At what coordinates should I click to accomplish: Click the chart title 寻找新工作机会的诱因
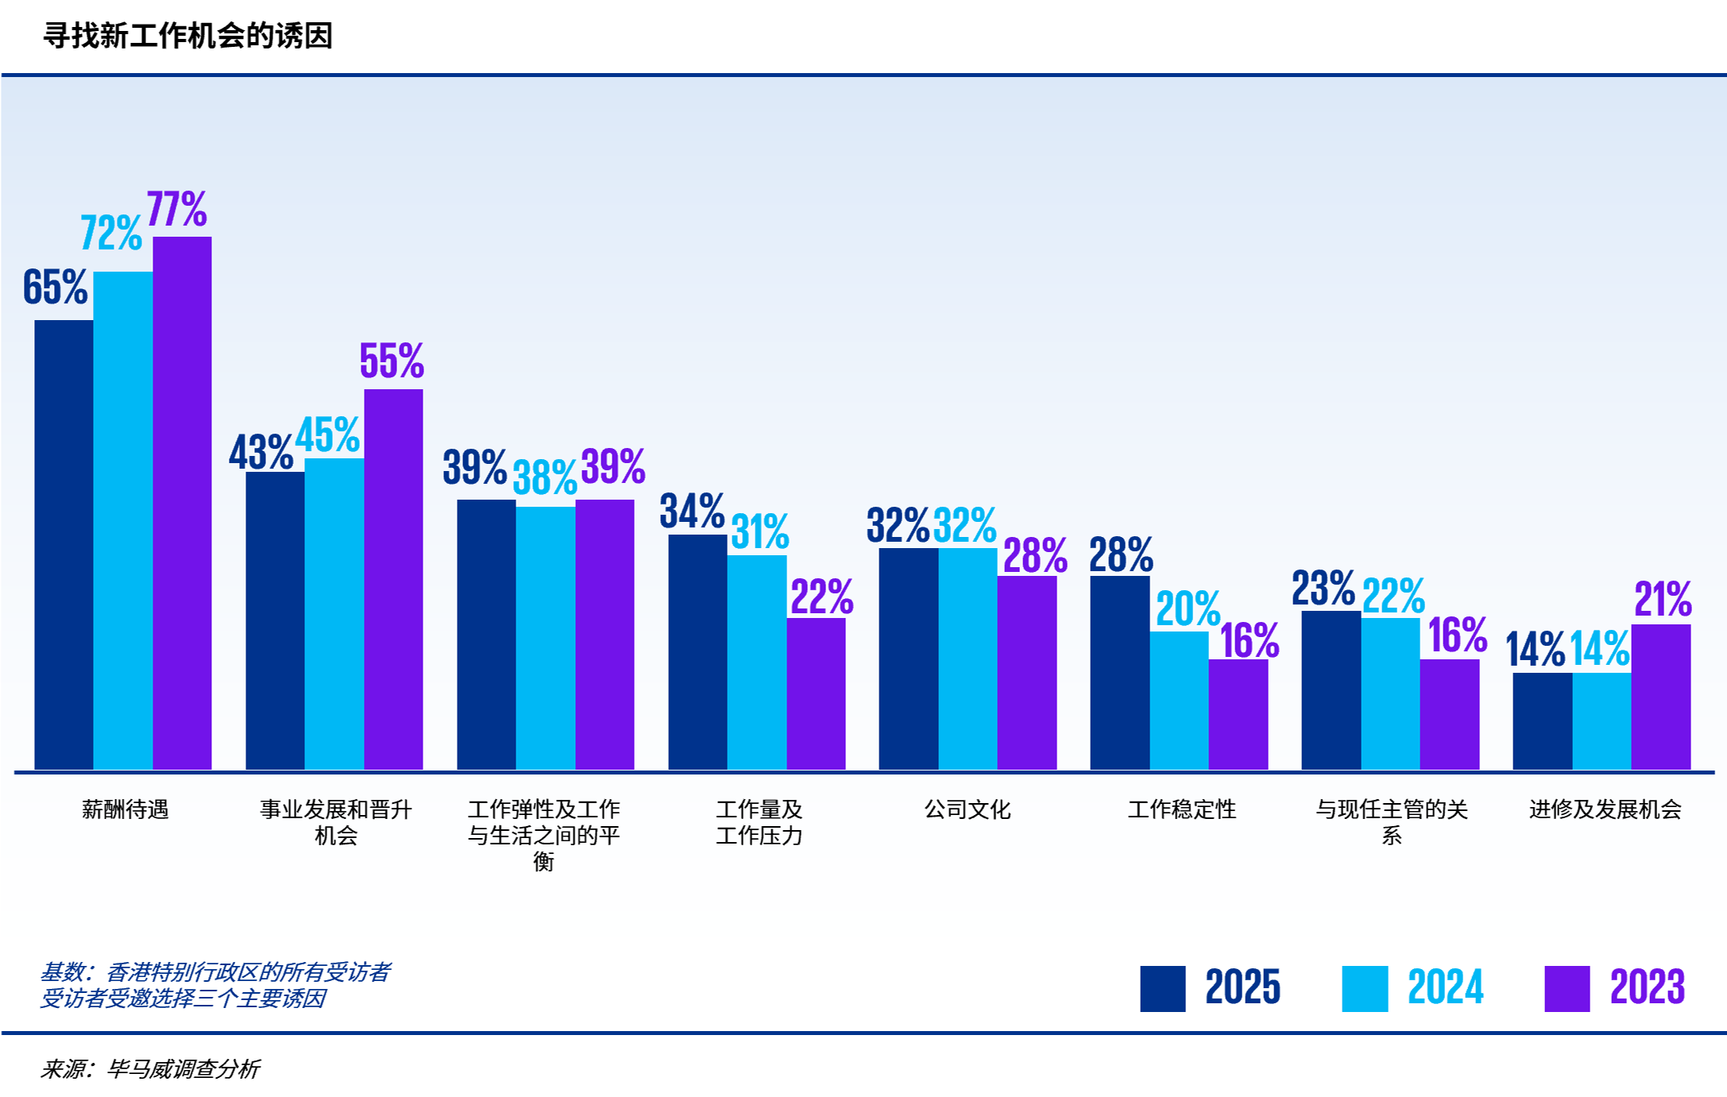(x=187, y=36)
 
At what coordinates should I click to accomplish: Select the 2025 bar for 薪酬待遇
(x=64, y=544)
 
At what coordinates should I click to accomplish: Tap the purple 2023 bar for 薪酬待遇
(x=182, y=502)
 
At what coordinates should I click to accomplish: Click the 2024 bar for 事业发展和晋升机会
(x=334, y=613)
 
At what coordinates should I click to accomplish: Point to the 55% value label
(x=392, y=361)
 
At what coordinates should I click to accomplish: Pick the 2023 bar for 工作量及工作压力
(x=816, y=693)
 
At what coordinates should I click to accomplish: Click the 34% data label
(x=692, y=511)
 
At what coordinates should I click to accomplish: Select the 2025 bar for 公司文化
(x=908, y=658)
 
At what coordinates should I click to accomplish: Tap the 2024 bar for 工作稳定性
(x=1179, y=700)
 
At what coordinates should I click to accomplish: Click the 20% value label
(x=1188, y=609)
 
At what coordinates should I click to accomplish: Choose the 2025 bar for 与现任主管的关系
(x=1331, y=689)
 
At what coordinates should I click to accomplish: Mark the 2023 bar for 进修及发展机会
(x=1660, y=696)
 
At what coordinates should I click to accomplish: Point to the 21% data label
(x=1663, y=599)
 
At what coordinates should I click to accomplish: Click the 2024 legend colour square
(x=1364, y=988)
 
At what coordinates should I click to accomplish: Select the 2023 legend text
(x=1647, y=987)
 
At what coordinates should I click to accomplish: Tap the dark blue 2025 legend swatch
(x=1162, y=988)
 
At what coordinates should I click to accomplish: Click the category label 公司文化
(x=967, y=809)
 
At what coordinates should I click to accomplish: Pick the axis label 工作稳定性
(x=1181, y=809)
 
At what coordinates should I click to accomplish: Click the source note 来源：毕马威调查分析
(x=149, y=1069)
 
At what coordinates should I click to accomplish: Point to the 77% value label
(x=176, y=210)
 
